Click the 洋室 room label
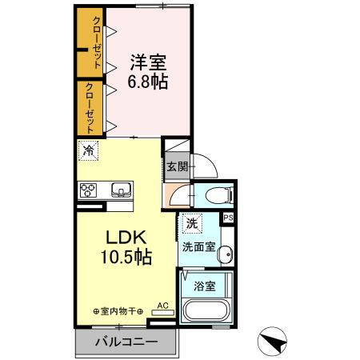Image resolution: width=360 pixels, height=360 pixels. (148, 62)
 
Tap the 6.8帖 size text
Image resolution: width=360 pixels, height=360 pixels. (148, 82)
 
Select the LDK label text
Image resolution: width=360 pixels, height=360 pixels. (126, 237)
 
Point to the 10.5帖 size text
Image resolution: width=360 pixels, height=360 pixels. (126, 257)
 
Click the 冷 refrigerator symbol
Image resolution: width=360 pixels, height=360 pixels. (89, 151)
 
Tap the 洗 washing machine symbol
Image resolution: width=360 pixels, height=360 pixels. (192, 223)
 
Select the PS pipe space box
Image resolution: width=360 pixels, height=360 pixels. (228, 218)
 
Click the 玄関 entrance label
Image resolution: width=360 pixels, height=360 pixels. (178, 167)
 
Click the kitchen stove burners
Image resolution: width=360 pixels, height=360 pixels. (88, 190)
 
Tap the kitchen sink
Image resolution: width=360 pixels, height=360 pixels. (122, 190)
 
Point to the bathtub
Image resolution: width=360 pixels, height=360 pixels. (206, 310)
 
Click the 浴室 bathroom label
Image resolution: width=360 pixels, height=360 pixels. (205, 286)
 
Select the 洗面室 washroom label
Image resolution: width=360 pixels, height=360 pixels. (198, 247)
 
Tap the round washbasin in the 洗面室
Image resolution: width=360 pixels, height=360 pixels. (226, 254)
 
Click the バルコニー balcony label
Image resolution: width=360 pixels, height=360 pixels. (126, 342)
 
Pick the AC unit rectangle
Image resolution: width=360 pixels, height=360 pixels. (163, 313)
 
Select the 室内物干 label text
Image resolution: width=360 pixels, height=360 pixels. (118, 311)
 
